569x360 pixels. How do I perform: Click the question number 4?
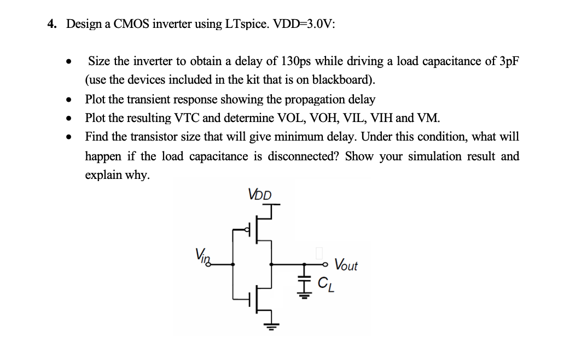tap(51, 24)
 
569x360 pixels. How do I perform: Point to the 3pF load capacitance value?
tap(508, 61)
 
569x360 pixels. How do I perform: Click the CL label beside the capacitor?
tap(325, 283)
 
